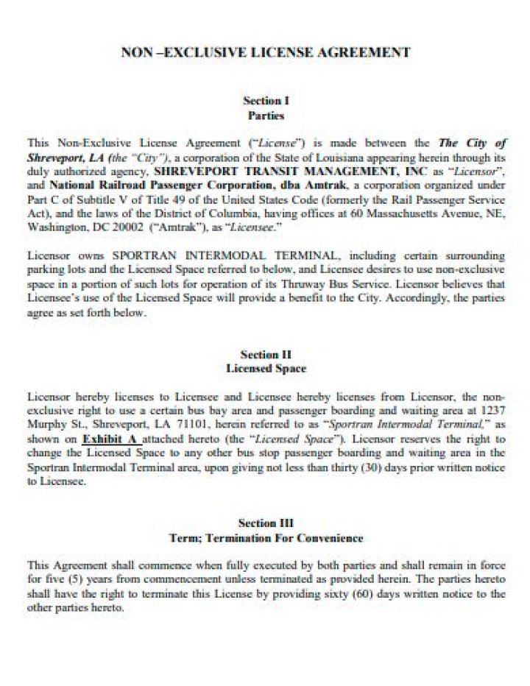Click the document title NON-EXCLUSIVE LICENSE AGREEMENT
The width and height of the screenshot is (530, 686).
click(265, 52)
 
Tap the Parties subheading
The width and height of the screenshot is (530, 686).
click(265, 116)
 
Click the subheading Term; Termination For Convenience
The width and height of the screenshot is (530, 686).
click(265, 538)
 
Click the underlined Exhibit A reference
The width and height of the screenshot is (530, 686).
click(108, 439)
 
